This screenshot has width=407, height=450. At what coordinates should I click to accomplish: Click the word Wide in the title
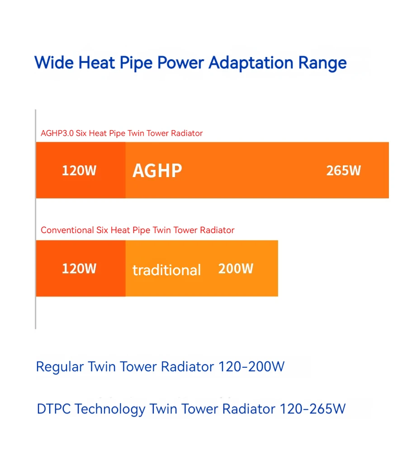pyautogui.click(x=54, y=62)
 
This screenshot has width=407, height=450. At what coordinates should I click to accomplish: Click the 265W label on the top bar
pyautogui.click(x=344, y=170)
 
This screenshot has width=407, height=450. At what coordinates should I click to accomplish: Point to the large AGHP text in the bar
pyautogui.click(x=157, y=171)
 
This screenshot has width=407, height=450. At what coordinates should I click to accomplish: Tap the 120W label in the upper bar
pyautogui.click(x=79, y=170)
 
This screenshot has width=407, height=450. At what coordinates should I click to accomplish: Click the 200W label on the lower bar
pyautogui.click(x=236, y=269)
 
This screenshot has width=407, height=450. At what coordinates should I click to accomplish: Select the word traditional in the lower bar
pyautogui.click(x=166, y=270)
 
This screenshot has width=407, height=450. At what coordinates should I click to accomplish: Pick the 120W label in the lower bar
pyautogui.click(x=79, y=269)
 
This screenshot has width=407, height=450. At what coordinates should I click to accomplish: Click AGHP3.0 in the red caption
pyautogui.click(x=57, y=133)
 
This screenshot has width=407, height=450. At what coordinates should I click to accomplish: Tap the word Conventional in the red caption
pyautogui.click(x=67, y=230)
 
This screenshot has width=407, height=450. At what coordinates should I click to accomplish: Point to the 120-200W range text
pyautogui.click(x=251, y=366)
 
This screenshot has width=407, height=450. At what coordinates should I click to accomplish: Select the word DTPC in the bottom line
pyautogui.click(x=54, y=409)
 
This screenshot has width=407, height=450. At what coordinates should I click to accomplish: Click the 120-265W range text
pyautogui.click(x=312, y=409)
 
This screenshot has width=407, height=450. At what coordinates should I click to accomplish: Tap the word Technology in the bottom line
pyautogui.click(x=110, y=409)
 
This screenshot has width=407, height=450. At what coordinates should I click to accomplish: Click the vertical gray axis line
pyautogui.click(x=35, y=219)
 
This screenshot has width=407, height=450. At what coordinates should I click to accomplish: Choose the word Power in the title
pyautogui.click(x=181, y=62)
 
